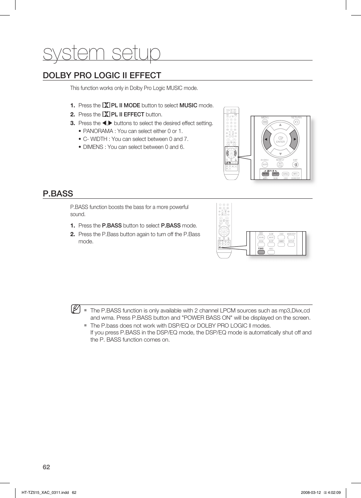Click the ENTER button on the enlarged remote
pos(280,139)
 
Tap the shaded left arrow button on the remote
pos(267,139)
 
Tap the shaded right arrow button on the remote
pos(294,139)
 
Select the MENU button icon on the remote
pos(265,122)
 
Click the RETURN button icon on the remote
pos(296,122)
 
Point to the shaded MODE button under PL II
pos(266,174)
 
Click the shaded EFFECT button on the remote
pos(275,174)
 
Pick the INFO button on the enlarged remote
pos(296,174)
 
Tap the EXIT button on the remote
pos(296,164)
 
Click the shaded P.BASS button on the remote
pos(261,252)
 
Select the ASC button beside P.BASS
pos(271,252)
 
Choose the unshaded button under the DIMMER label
pos(281,244)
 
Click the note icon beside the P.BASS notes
pos(76,309)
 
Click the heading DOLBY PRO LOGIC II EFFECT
pos(102,75)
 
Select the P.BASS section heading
pos(58,193)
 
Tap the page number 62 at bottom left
pos(46,467)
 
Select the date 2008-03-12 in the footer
pos(311,492)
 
